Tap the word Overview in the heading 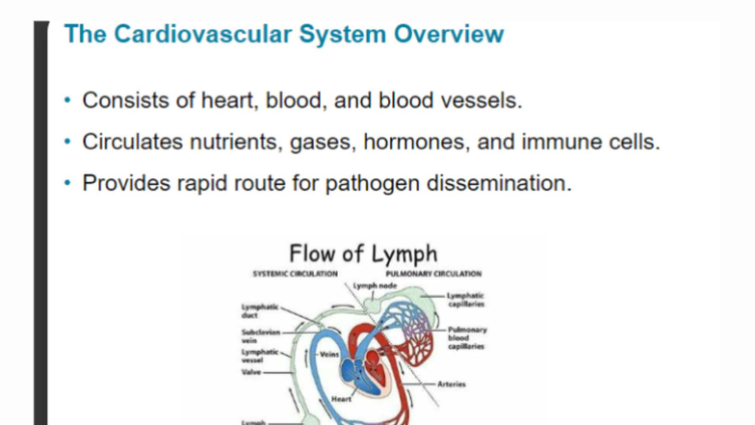[450, 35]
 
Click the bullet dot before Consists [67, 100]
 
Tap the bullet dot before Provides [67, 183]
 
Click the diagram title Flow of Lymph [363, 254]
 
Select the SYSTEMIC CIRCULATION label [295, 274]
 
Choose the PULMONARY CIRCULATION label [433, 274]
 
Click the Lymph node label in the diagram [374, 286]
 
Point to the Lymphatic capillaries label [466, 300]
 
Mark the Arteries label [452, 384]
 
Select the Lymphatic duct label [258, 310]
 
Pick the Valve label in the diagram [251, 371]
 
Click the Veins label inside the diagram [325, 354]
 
